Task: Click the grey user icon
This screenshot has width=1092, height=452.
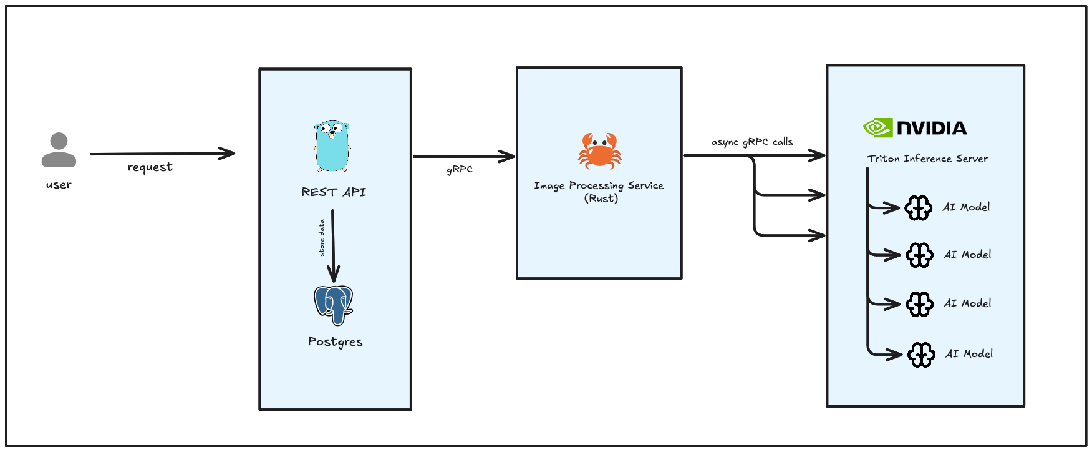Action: (x=59, y=150)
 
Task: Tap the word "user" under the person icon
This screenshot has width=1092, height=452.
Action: (x=59, y=185)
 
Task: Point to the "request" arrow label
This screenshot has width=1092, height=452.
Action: (x=150, y=167)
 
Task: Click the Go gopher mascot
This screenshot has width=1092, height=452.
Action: (x=332, y=147)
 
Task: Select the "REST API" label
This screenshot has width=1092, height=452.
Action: (x=334, y=192)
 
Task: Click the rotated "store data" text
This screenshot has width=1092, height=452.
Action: (x=322, y=238)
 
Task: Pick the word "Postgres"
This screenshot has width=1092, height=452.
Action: (x=335, y=342)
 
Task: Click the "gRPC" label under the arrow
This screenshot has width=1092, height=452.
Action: (x=460, y=169)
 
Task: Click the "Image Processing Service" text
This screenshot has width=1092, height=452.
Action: (x=599, y=185)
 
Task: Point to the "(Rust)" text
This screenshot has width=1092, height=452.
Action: (x=601, y=199)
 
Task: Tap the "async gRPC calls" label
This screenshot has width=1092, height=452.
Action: (x=752, y=142)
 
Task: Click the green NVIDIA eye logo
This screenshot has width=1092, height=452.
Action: (x=877, y=128)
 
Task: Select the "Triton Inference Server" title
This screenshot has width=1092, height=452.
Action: (x=927, y=159)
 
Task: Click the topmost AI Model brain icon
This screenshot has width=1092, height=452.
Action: (x=918, y=208)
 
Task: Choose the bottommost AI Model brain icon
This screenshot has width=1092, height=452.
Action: (x=921, y=355)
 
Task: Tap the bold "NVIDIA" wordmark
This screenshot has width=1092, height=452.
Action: (x=932, y=129)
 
